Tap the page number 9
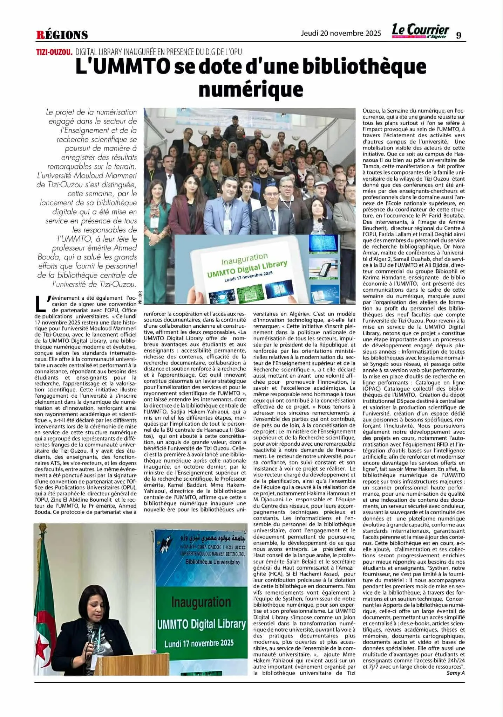(458, 35)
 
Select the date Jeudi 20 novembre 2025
(341, 33)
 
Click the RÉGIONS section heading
(62, 35)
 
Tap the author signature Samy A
(455, 673)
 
